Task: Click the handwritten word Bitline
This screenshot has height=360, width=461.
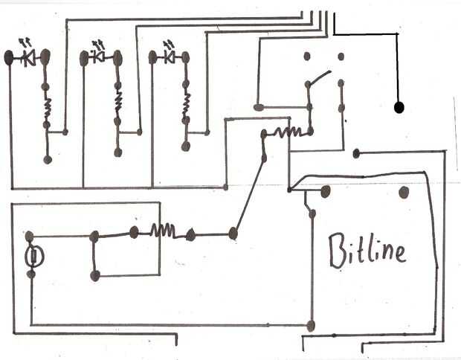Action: (368, 250)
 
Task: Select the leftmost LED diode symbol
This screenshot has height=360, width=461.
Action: (30, 57)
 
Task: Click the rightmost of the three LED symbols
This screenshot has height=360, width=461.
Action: (170, 57)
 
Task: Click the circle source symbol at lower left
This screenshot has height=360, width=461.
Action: (34, 257)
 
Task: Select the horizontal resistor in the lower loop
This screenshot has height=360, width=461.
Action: (162, 231)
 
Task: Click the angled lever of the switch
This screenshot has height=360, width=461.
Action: (318, 77)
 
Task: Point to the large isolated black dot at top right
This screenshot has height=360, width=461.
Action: (399, 108)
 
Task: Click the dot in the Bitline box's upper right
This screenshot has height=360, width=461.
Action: (404, 193)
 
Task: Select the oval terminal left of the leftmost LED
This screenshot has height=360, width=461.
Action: (10, 57)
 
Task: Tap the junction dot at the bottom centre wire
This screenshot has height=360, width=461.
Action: (312, 326)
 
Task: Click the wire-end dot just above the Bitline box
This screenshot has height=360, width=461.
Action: (357, 154)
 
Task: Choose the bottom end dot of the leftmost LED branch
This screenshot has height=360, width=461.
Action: (48, 159)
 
